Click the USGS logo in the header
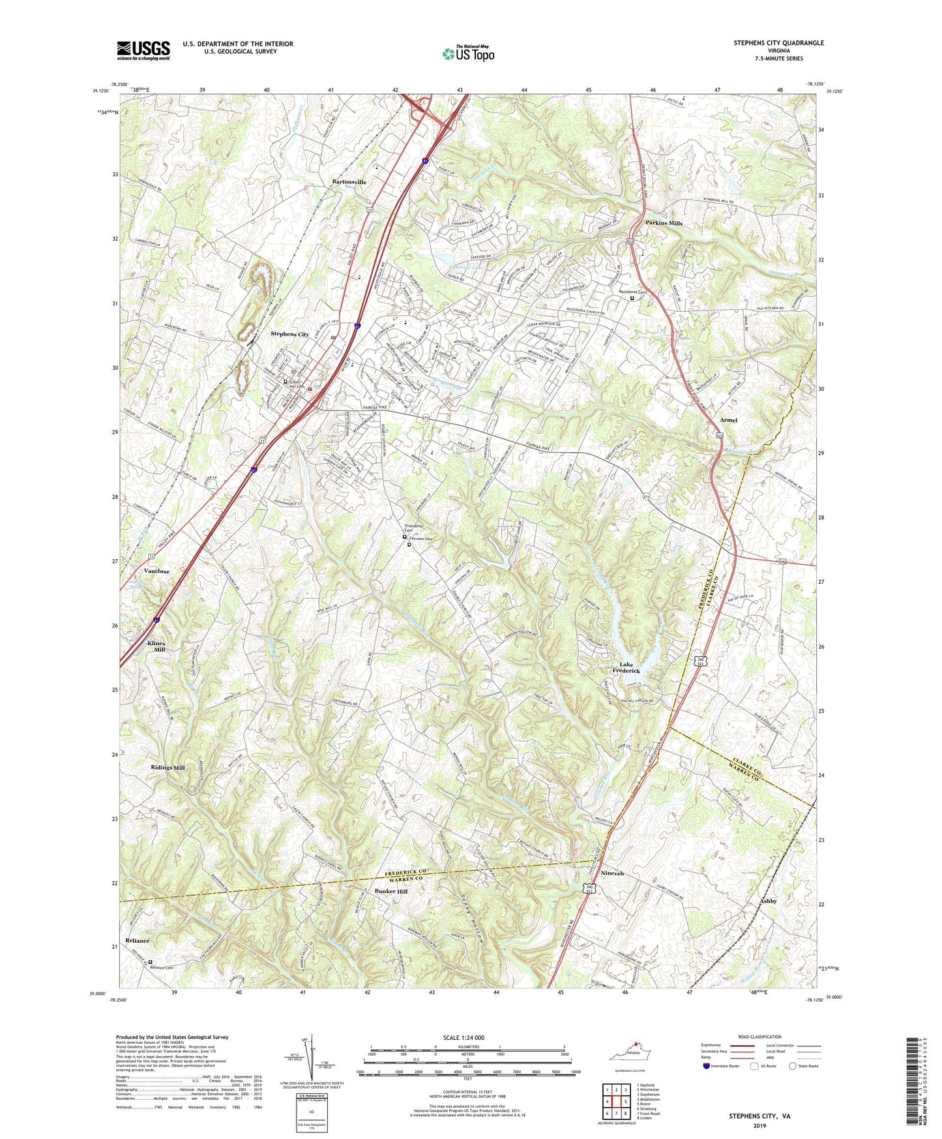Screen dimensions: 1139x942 [x=143, y=50]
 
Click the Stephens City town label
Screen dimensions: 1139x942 [x=289, y=334]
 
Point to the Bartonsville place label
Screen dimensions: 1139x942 [x=349, y=182]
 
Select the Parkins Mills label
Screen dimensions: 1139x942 [x=664, y=223]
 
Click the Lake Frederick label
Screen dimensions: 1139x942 [x=625, y=667]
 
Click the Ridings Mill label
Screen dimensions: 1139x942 [x=168, y=768]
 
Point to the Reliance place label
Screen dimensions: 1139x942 [x=138, y=941]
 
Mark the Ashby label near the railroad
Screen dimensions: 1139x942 [x=768, y=901]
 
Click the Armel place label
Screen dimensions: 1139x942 [x=728, y=420]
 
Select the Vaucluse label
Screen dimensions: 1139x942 [x=156, y=571]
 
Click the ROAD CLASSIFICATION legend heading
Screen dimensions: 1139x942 [x=759, y=1037]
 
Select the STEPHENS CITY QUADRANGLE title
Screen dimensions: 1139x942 [x=778, y=43]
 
